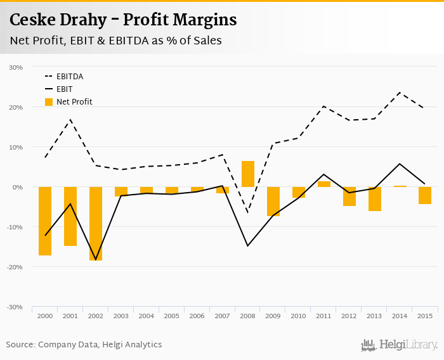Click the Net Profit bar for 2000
45,221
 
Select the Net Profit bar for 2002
96,224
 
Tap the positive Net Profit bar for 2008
248,174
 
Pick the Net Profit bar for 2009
273,202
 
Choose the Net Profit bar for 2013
375,199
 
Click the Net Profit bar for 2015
426,195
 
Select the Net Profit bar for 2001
70,216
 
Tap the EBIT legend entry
64,89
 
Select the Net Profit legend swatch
49,101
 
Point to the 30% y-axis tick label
15,67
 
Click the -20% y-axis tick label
15,267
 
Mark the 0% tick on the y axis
17,187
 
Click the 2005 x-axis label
172,316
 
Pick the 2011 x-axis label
324,316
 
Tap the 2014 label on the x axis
400,316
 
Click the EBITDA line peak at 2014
400,93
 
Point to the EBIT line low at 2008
248,246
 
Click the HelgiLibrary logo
400,345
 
